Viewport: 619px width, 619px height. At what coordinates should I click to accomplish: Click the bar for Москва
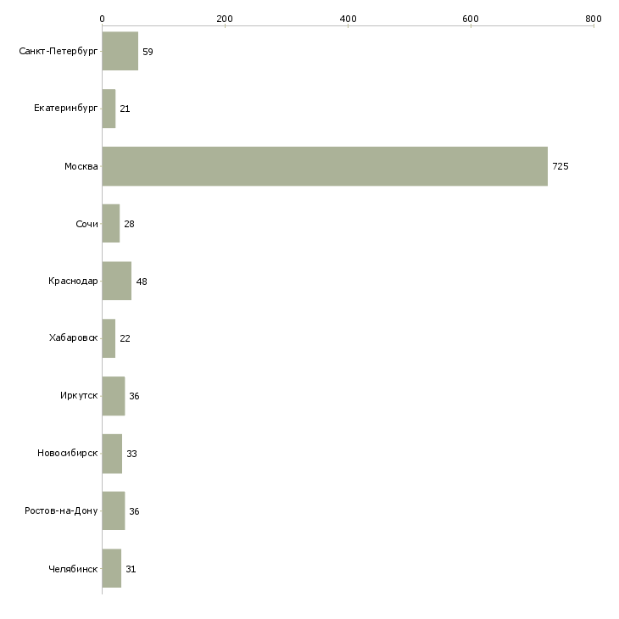325,166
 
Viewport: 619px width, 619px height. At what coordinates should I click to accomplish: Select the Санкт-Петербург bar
120,51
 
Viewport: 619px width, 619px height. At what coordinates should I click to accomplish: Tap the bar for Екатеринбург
109,109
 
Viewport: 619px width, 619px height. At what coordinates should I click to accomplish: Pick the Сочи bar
111,224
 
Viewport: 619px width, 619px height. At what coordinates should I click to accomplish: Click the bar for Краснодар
117,281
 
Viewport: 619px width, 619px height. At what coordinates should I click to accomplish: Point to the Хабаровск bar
109,338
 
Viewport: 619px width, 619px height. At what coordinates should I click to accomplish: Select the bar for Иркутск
114,396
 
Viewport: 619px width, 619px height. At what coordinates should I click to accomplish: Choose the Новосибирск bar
112,454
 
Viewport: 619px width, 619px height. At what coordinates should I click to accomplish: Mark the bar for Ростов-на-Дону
114,510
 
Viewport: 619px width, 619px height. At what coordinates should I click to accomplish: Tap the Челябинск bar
112,568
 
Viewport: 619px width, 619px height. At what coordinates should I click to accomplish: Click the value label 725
560,166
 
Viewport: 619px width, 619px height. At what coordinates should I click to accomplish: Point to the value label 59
148,52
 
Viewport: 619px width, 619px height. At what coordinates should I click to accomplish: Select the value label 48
142,282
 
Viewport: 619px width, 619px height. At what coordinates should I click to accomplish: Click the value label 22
125,338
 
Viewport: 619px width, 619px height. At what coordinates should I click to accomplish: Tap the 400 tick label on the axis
349,19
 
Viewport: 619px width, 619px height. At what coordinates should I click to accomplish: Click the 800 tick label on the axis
594,19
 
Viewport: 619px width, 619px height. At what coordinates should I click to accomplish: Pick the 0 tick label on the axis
103,19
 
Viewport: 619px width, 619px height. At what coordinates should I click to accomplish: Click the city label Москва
81,166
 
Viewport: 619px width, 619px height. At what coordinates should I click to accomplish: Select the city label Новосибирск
68,453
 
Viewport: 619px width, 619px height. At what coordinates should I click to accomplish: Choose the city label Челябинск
73,569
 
